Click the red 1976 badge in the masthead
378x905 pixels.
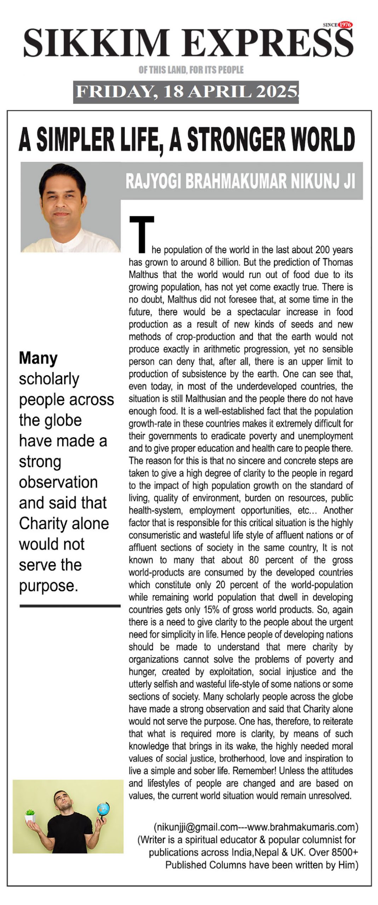tap(345, 25)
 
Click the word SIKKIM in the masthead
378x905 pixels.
tap(96, 43)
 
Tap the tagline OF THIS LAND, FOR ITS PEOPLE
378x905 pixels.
tap(191, 70)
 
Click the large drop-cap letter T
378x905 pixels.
tap(142, 234)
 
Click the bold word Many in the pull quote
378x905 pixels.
tap(38, 358)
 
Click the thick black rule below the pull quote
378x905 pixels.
tap(70, 606)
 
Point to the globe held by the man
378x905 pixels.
tap(103, 808)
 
